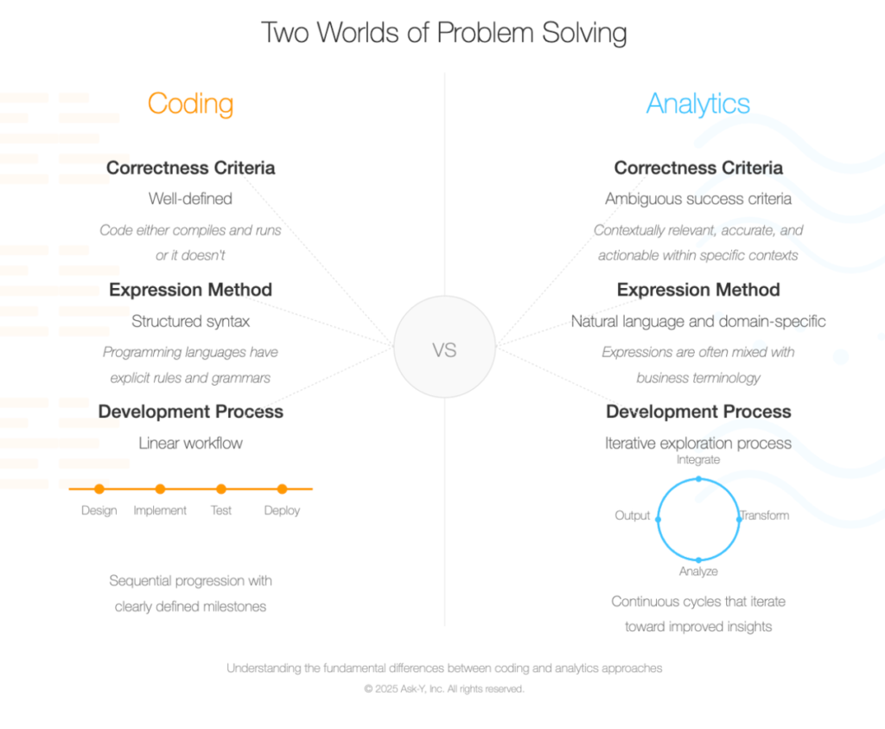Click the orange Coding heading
tap(190, 104)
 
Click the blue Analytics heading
tap(698, 104)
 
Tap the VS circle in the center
tap(444, 350)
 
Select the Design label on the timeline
tap(99, 510)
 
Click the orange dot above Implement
tap(160, 489)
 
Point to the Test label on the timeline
tap(221, 510)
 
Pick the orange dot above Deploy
tap(282, 489)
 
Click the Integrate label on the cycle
tap(698, 460)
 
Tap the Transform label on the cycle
tap(765, 515)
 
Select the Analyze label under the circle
tap(698, 572)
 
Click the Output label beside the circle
tap(632, 515)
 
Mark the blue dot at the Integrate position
tap(698, 478)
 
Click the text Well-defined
tap(190, 199)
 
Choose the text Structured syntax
tap(190, 322)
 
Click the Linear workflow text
tap(190, 444)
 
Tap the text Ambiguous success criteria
tap(698, 199)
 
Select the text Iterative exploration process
tap(698, 444)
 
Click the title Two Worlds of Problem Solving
tap(443, 33)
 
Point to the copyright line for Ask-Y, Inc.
tap(443, 689)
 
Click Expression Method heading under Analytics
tap(698, 290)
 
